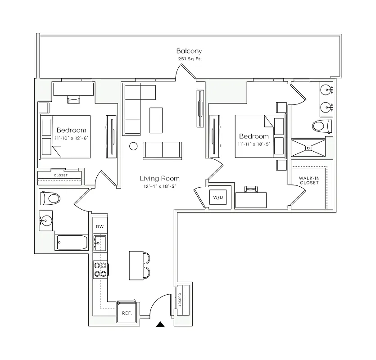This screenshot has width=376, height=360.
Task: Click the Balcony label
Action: coord(189,51)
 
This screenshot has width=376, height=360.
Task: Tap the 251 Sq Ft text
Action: coord(189,59)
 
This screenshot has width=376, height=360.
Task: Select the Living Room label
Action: coord(159,179)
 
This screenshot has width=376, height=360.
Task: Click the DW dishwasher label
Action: coord(100,226)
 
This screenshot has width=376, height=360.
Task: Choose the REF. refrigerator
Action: coord(127,313)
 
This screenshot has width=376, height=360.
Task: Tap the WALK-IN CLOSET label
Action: coord(309,180)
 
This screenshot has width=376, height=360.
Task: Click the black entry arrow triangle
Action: coord(161,324)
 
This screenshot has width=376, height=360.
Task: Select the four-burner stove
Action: coord(100,269)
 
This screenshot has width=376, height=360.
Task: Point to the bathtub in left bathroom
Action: coord(72,243)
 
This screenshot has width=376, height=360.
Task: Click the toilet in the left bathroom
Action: coord(50,198)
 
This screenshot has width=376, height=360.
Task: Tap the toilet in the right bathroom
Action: coord(322,126)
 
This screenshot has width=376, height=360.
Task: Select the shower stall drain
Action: coord(309,147)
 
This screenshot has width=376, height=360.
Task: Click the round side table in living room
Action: coord(133,146)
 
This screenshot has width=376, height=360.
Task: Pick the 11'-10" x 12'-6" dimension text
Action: coord(71,138)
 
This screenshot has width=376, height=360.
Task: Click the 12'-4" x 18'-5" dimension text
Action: coord(159,186)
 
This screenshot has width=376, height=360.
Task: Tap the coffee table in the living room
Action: coord(156,120)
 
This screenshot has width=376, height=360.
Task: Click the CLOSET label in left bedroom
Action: coord(60,175)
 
